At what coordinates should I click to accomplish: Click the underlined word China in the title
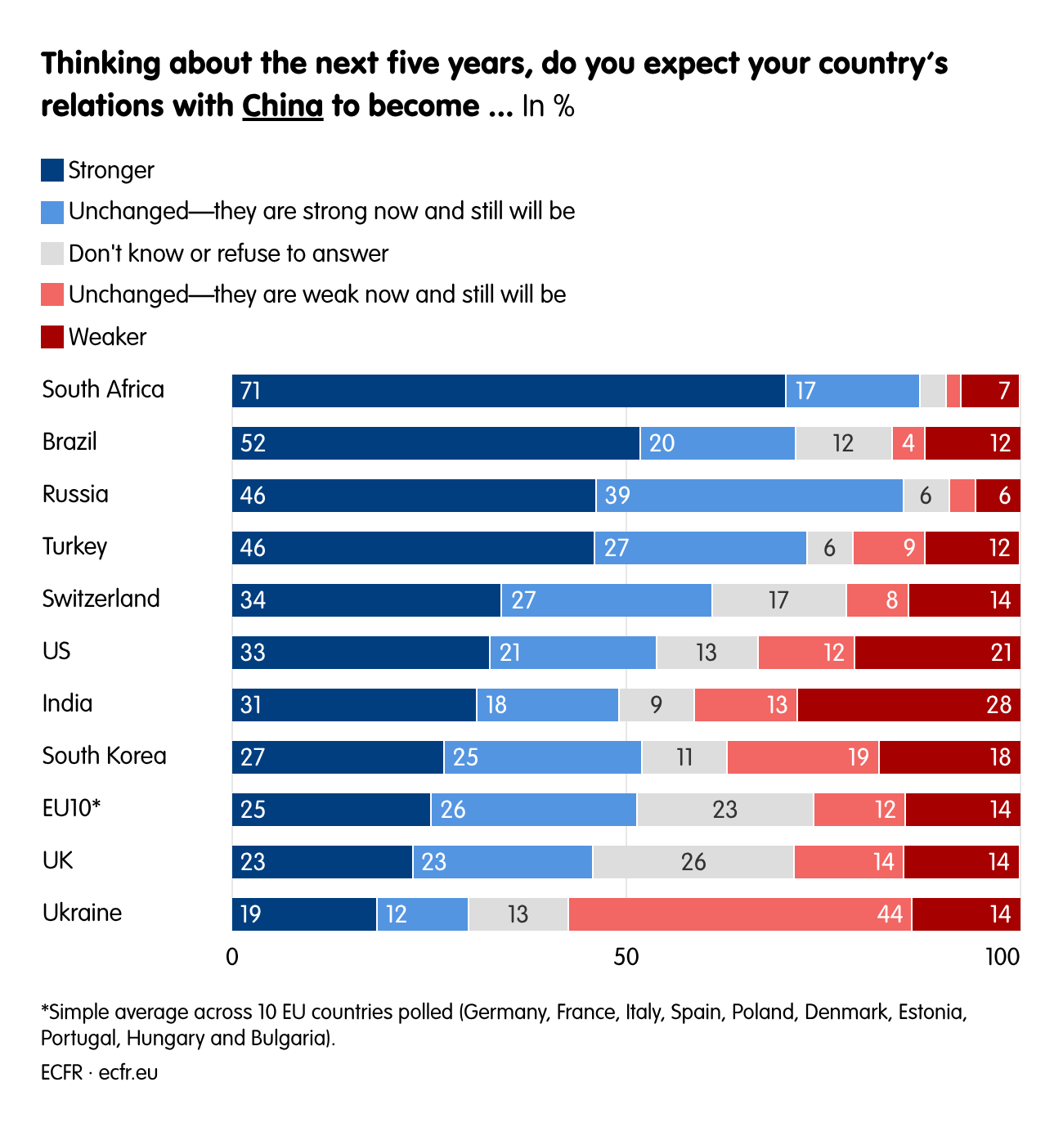coord(282,106)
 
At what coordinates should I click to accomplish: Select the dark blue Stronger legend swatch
coord(52,170)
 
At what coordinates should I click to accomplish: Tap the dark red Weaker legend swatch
coord(52,337)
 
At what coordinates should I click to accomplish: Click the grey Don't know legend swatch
coord(52,254)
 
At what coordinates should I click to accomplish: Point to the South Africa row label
coord(103,389)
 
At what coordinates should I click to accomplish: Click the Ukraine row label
coord(82,913)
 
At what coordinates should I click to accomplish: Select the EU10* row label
coord(71,808)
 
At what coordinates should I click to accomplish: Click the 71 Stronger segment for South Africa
coord(508,391)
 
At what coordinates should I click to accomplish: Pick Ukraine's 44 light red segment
coord(739,914)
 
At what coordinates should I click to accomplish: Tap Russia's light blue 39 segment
coord(749,496)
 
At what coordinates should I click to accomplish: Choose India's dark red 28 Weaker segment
coord(908,705)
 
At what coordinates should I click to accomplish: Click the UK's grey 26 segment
coord(693,862)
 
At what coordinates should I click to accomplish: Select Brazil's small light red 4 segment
coord(908,443)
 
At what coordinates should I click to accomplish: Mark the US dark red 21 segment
coord(937,653)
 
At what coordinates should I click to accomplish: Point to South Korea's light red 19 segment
coord(802,757)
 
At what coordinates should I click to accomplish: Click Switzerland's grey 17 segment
coord(778,600)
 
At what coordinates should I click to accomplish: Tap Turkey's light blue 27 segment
coord(700,548)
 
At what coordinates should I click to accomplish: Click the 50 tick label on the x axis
coord(626,957)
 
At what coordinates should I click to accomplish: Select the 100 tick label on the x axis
coord(1002,957)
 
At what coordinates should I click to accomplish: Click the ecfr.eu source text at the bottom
coord(128,1072)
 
